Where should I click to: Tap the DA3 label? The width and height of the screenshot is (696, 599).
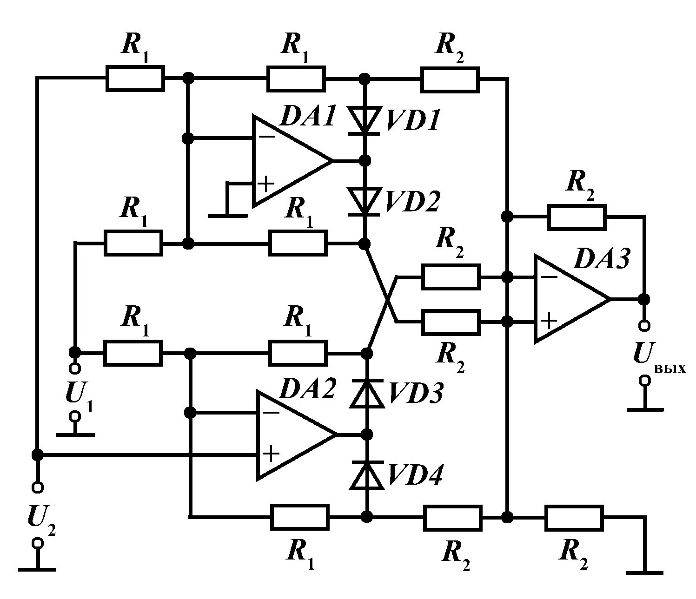coord(601,259)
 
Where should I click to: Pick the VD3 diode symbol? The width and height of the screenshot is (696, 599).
coord(367,394)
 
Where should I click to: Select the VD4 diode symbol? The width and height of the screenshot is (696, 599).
coord(367,475)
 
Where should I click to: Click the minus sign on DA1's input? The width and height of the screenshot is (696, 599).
coord(268,137)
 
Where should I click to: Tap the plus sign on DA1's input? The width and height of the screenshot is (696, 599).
coord(266,184)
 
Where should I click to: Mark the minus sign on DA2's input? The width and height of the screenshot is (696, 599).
coord(271,413)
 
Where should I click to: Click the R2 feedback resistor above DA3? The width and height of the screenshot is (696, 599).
coord(577,217)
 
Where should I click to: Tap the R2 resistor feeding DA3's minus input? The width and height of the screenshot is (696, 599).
coord(451,277)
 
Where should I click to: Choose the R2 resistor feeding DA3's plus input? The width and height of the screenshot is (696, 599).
coord(451,323)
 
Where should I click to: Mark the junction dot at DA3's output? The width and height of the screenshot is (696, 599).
coord(644,299)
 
